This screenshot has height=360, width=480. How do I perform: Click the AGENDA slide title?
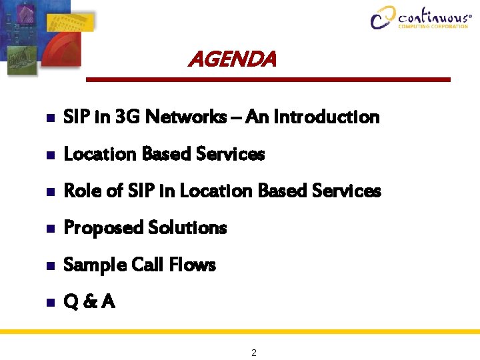coord(231,60)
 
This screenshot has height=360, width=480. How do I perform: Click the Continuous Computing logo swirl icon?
coord(383,17)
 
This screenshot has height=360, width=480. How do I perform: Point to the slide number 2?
coord(254,353)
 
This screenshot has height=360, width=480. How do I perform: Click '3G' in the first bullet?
coord(127,117)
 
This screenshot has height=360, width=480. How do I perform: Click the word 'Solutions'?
coord(188,228)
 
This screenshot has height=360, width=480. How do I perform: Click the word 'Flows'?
coord(192,265)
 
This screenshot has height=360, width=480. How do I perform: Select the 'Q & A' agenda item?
coord(89,303)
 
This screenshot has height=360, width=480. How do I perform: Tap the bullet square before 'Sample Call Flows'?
coord(50,266)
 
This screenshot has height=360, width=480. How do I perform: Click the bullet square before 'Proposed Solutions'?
coord(50,229)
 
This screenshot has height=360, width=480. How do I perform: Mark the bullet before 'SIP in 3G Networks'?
coord(50,118)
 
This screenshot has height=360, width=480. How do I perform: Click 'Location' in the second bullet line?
coord(97,155)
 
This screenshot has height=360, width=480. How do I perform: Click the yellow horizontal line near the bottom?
coord(240,331)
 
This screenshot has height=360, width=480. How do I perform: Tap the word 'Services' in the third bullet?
coord(348,191)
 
